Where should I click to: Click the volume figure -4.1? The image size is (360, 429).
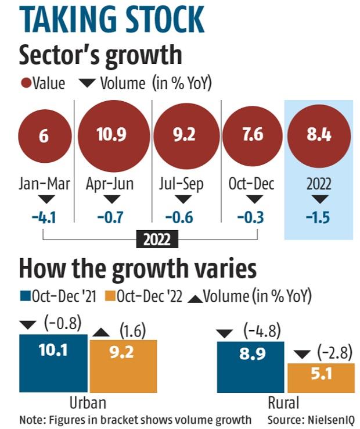coord(44,219)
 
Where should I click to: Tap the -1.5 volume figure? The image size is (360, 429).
coord(319,219)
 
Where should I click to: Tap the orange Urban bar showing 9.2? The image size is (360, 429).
coord(123,367)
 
